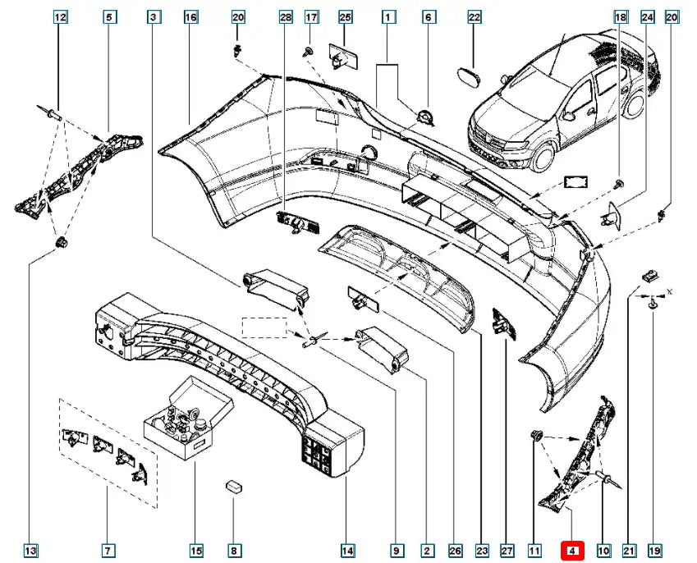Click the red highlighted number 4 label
tap(571, 551)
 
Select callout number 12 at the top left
tap(59, 17)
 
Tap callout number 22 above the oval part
tap(475, 17)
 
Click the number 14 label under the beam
tap(347, 551)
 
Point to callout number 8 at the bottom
tap(235, 551)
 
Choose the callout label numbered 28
tap(285, 17)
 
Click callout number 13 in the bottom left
tap(30, 551)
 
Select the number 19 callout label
tap(653, 551)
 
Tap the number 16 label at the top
tap(190, 17)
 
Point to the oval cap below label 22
tap(470, 73)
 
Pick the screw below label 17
tap(308, 51)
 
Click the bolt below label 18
tap(620, 182)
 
